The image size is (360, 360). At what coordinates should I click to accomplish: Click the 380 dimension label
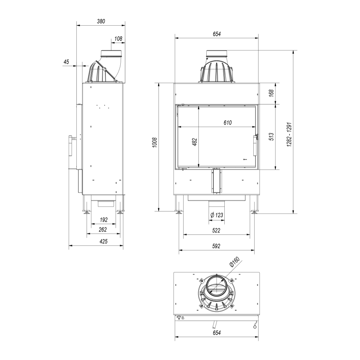(x=101, y=21)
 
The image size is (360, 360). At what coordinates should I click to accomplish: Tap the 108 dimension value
(x=118, y=39)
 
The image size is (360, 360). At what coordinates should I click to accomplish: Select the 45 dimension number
(x=66, y=62)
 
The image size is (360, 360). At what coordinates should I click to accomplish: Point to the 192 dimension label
(x=104, y=220)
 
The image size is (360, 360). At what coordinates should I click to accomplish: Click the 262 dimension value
(x=103, y=229)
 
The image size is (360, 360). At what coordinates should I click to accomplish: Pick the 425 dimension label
(x=104, y=241)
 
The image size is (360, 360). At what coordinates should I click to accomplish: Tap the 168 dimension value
(x=271, y=93)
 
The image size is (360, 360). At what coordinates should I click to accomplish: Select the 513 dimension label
(x=271, y=137)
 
